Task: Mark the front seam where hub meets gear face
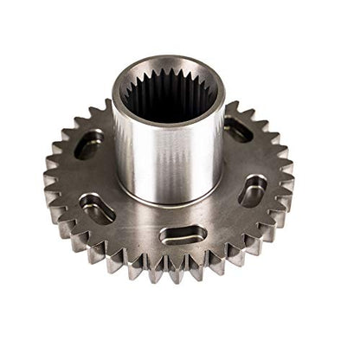click(x=169, y=203)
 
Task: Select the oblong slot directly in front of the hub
click(x=183, y=235)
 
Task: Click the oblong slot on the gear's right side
click(x=252, y=190)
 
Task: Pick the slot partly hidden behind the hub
click(x=238, y=130)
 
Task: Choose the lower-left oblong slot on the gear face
click(x=96, y=208)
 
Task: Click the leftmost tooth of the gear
click(x=48, y=183)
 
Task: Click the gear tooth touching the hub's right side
click(x=231, y=107)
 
